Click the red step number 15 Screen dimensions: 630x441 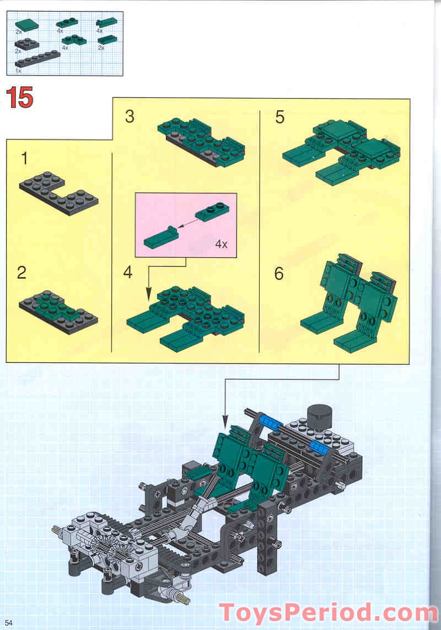click(x=20, y=97)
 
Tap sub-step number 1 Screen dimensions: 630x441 click(x=24, y=159)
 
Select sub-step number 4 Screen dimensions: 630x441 click(x=128, y=272)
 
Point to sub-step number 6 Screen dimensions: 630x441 click(x=279, y=273)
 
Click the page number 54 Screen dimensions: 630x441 click(x=9, y=622)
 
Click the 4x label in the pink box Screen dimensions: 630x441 click(x=221, y=244)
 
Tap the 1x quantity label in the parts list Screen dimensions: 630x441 click(x=18, y=71)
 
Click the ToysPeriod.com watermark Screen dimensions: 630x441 click(x=329, y=612)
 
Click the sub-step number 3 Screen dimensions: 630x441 click(x=130, y=117)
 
